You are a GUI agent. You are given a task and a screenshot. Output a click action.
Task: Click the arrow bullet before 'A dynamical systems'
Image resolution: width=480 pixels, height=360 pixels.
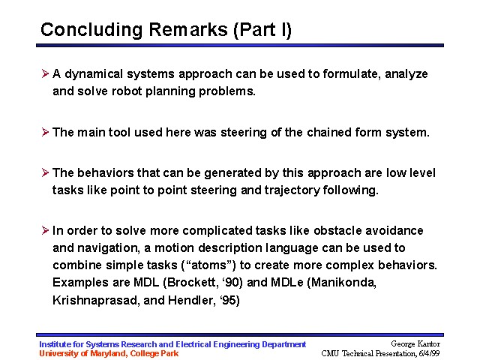pyautogui.click(x=45, y=73)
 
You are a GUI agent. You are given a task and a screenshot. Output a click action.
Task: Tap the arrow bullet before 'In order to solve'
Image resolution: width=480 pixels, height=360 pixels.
pyautogui.click(x=45, y=230)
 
